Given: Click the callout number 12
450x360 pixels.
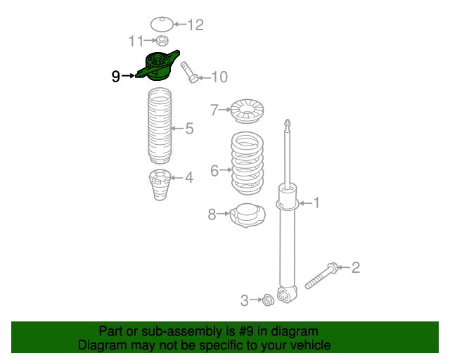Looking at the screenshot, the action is [195, 25].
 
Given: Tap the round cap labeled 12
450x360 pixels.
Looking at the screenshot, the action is [162, 24].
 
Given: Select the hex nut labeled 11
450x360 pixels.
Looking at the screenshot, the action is [162, 41].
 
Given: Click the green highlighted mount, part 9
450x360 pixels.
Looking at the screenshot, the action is [157, 65].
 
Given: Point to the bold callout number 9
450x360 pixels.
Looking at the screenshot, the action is [115, 77].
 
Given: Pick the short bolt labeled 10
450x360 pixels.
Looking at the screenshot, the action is [189, 72].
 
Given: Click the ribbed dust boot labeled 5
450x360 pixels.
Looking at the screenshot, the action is [160, 126].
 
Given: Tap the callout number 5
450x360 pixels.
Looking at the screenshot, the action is [189, 129].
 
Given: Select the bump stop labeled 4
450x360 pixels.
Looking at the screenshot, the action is [160, 185].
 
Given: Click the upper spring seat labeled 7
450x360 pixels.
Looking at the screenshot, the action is [247, 111].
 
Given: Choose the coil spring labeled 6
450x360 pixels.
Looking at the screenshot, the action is [247, 163].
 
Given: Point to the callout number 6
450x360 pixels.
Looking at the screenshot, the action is [214, 171].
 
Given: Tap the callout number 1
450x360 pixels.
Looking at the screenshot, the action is [316, 203].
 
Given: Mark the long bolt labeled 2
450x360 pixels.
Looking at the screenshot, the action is [321, 276].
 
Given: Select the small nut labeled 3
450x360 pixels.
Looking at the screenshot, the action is [268, 300].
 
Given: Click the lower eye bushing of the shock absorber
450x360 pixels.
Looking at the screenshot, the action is [283, 295].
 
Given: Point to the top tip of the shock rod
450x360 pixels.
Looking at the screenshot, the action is [288, 120].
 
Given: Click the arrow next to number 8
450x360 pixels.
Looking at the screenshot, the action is [223, 214].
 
